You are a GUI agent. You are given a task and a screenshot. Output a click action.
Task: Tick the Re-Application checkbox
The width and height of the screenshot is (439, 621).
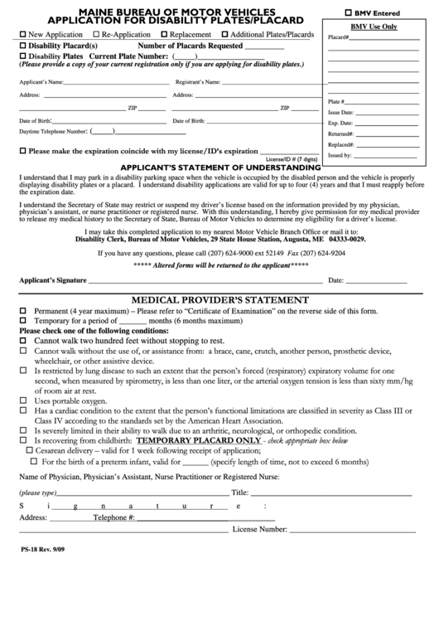96,35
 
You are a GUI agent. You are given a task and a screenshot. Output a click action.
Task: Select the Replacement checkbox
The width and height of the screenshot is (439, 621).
165,35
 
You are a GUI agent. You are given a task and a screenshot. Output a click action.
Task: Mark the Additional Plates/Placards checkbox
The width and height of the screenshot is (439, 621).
225,35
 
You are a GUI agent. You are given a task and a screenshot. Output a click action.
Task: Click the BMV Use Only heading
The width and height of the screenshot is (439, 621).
374,27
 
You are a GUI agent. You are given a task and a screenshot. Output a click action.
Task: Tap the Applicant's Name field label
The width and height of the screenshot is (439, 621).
41,83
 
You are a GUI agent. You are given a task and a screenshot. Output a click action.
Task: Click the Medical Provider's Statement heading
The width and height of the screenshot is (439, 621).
215,299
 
